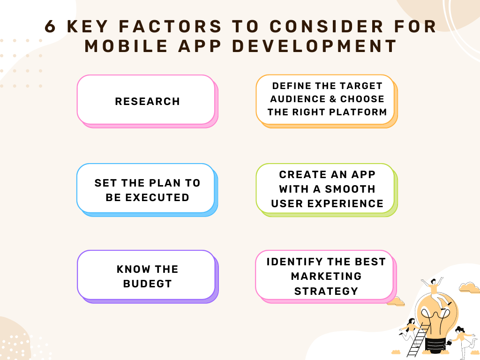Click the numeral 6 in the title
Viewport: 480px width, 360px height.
50,26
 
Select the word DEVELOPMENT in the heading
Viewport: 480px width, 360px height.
315,46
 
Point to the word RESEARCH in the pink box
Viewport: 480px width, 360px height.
147,101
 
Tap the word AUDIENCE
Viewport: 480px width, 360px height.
298,99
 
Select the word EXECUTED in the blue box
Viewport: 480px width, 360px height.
157,197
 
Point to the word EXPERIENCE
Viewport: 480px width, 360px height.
345,203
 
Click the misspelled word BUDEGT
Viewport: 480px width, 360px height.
147,284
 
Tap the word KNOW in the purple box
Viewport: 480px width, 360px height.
134,269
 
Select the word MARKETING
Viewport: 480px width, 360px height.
326,276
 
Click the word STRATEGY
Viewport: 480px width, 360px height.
326,291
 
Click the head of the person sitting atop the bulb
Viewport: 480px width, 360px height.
433,281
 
